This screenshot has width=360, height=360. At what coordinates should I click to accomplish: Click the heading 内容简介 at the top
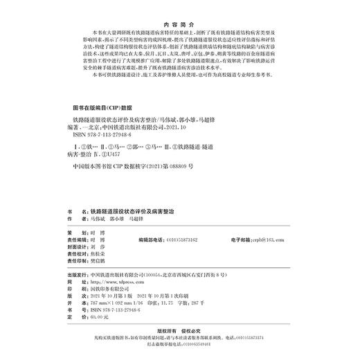coord(179,21)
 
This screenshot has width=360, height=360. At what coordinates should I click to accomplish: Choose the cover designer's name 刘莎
coord(98,245)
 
